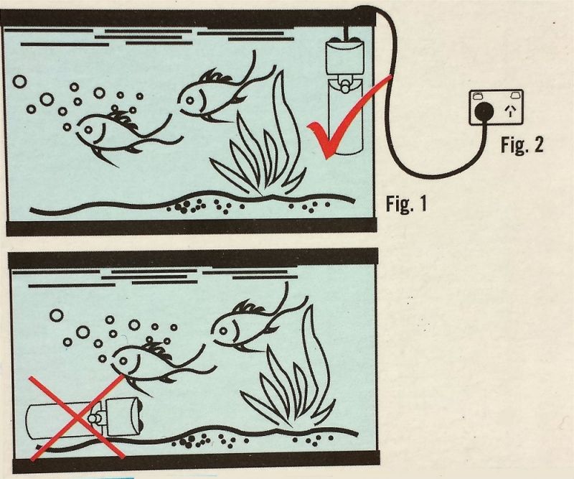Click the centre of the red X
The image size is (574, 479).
77,417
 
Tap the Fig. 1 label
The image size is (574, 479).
406,204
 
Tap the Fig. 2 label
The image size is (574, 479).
522,144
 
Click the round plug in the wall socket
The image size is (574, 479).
482,111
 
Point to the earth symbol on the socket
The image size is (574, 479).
510,111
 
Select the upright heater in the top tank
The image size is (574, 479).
345,96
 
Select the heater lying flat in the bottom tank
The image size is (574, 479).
85,418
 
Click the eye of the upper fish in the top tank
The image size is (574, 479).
189,100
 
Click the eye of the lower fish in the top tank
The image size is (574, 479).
88,129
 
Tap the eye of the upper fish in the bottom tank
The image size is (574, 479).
223,331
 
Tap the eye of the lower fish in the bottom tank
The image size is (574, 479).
123,361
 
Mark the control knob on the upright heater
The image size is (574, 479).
344,85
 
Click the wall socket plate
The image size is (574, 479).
497,108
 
